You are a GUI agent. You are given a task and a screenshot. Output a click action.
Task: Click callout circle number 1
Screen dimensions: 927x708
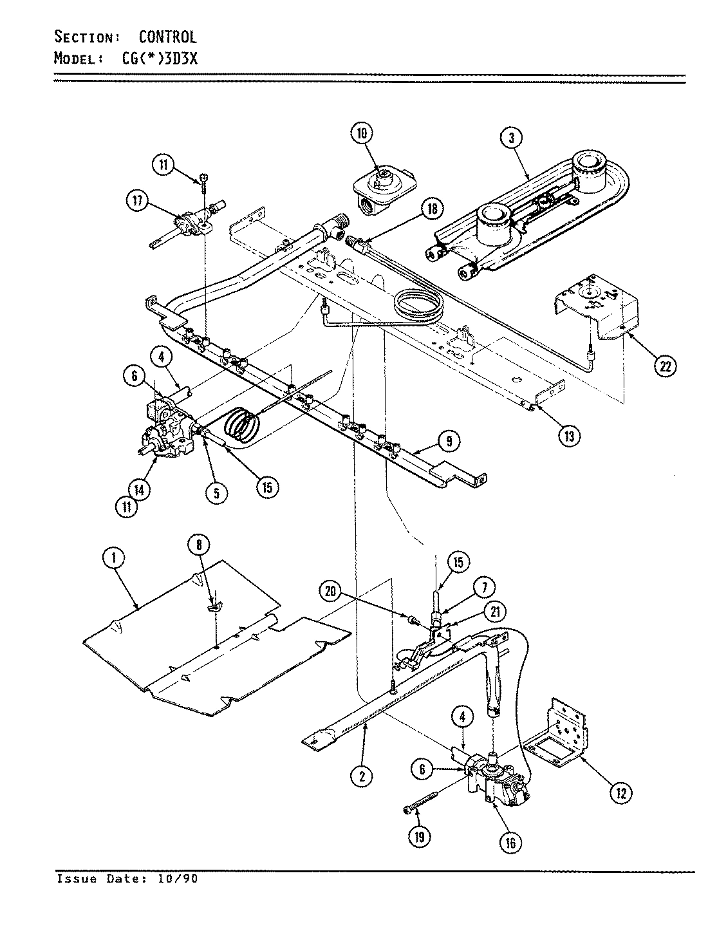(113, 559)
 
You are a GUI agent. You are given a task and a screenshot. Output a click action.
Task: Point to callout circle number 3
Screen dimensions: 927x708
(511, 137)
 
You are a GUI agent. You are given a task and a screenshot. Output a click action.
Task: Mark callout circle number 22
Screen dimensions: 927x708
(664, 365)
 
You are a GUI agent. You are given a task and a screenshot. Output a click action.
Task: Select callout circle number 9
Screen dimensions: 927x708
(449, 441)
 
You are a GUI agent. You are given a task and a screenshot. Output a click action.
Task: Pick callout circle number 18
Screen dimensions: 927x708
(431, 208)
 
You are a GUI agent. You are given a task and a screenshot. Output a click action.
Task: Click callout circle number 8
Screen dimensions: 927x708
(199, 545)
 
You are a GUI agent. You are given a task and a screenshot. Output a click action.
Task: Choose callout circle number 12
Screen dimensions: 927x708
(620, 791)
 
